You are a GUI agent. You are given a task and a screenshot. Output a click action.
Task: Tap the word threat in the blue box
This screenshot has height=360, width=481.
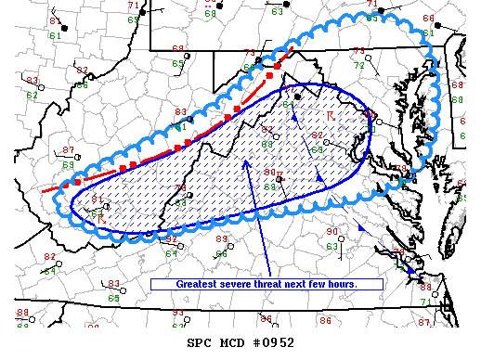276,284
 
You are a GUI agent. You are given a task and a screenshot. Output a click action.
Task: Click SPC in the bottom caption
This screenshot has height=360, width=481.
200,342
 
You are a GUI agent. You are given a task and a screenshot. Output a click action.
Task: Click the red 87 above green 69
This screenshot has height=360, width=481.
68,150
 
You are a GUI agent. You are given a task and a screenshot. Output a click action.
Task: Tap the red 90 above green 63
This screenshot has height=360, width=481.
332,231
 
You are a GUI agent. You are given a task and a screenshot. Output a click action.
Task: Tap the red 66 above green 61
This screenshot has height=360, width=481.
427,19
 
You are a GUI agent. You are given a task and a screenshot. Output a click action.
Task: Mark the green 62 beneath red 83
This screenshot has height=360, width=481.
33,95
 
